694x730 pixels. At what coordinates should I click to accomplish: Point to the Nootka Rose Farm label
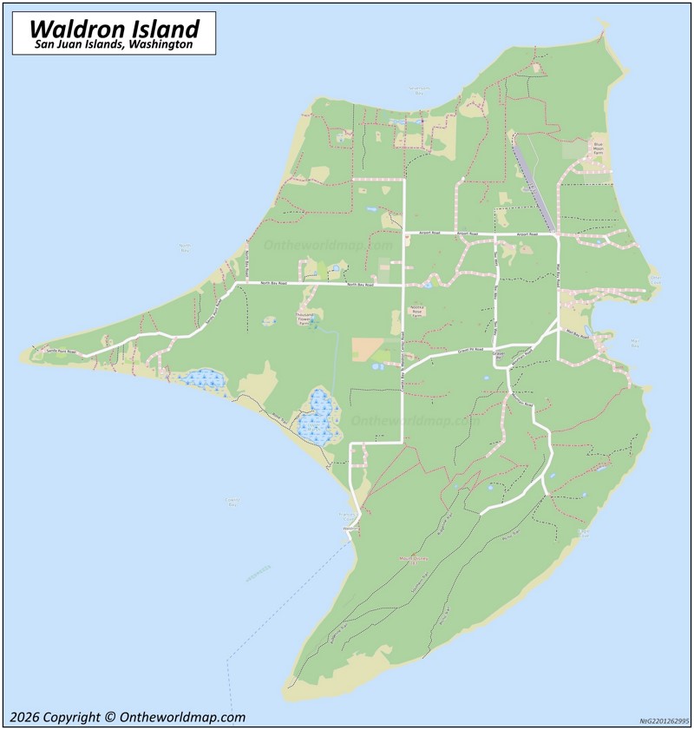417,312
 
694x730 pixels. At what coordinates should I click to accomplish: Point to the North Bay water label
184,248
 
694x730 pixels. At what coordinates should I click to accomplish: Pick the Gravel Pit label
499,356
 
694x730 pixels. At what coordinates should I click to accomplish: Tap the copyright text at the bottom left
128,717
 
